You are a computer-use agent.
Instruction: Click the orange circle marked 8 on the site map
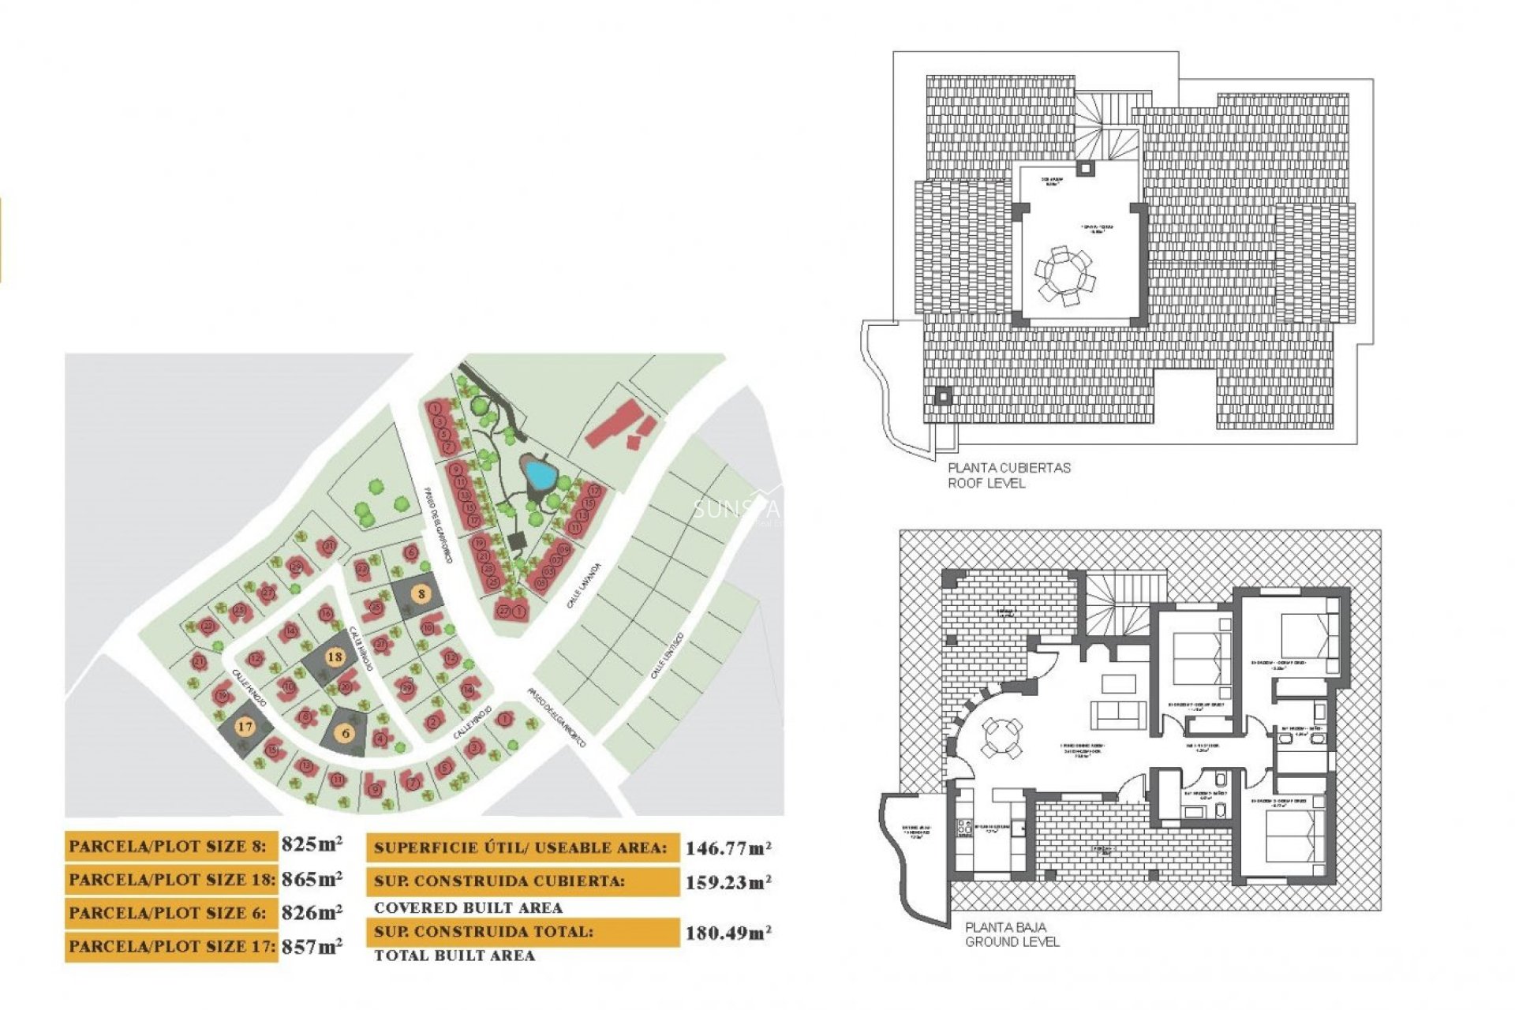coord(421,594)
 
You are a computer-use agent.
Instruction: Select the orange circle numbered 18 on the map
coord(335,656)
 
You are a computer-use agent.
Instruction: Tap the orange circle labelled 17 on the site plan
coord(245,726)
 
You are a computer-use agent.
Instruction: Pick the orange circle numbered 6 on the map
coord(346,734)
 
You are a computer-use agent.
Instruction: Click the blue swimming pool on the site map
coord(541,474)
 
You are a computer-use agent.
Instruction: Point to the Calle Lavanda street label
coord(584,585)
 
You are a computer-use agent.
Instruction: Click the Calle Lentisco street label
coord(667,656)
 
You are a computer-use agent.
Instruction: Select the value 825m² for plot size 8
coord(312,844)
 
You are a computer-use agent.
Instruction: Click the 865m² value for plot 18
coord(312,878)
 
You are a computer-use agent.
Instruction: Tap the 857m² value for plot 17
coord(312,946)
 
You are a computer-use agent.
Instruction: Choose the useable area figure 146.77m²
coord(728,848)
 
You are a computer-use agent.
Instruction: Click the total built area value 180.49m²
coord(728,933)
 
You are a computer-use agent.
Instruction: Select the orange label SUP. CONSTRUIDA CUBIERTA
coord(499,881)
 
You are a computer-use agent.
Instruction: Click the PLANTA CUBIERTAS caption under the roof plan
coord(1008,468)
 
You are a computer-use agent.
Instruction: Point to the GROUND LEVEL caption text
coord(1012,942)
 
